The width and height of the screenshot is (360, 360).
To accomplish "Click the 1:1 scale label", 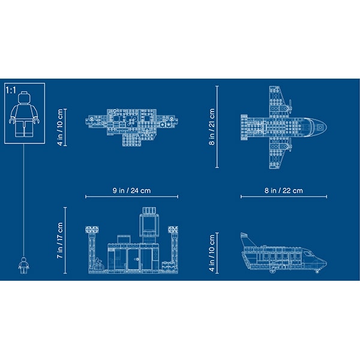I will coord(11,90).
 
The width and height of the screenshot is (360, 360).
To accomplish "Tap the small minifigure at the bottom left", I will coord(24,265).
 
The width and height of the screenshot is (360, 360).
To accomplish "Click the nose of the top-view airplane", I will coord(325,125).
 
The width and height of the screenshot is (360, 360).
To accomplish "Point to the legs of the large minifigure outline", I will coord(24,129).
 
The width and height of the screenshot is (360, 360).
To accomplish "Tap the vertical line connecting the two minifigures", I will coord(24,198).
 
